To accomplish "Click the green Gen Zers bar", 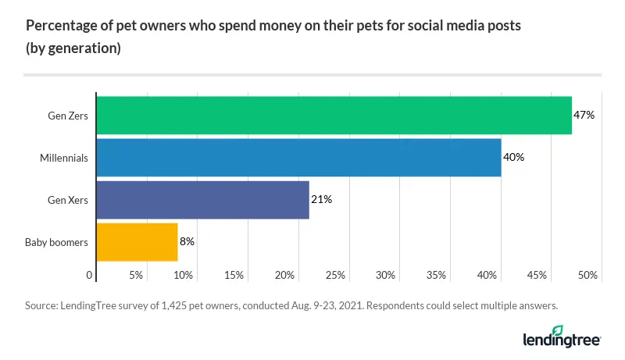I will [334, 116].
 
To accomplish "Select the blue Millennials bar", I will [298, 158].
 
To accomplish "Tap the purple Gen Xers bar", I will [202, 200].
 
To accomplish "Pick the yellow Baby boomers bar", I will [137, 242].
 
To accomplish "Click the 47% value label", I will [584, 116].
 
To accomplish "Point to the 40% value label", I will [513, 158].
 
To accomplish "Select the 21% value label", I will [322, 200].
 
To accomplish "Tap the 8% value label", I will [187, 242].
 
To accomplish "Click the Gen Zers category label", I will [67, 116].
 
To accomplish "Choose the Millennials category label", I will [64, 158].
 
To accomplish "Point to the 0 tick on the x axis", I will [90, 276].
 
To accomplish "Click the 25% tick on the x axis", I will [335, 276].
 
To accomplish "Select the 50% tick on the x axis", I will [588, 276].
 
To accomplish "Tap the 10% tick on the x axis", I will [184, 276].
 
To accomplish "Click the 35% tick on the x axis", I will [437, 276].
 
